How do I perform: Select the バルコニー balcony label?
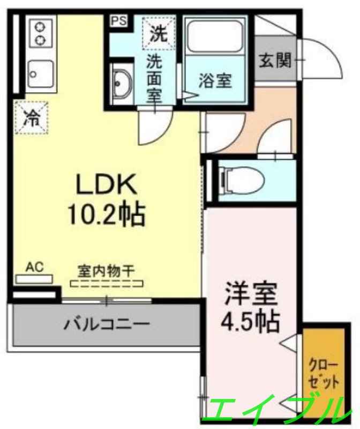tap(107, 324)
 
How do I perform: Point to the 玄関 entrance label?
tap(275, 60)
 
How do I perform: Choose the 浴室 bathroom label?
tap(215, 82)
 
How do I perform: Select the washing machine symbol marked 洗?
tap(157, 33)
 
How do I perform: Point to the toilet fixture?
tap(241, 180)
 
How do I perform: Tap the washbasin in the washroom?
tap(122, 84)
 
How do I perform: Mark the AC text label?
tap(34, 267)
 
